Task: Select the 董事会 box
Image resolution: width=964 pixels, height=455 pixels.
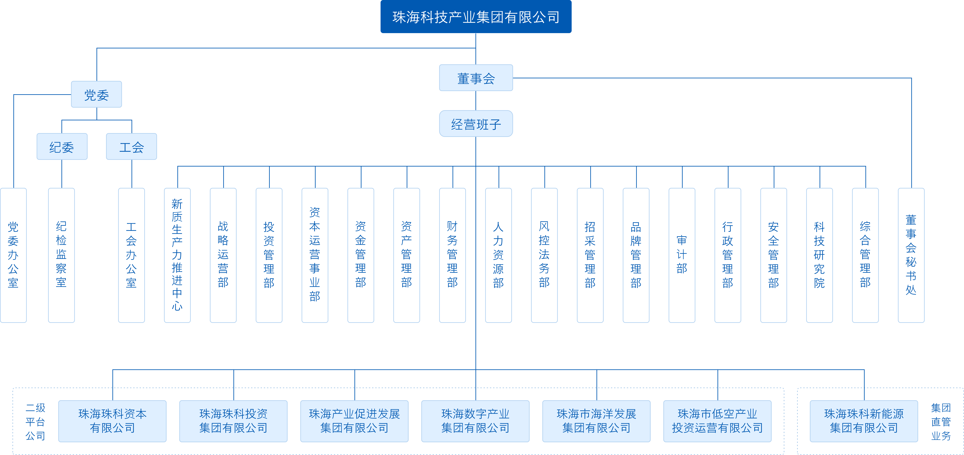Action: tap(476, 78)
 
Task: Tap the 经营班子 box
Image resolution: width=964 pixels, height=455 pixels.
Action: tap(476, 124)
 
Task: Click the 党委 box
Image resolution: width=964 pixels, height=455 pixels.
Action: tap(96, 94)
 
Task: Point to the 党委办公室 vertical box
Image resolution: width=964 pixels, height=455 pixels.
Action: tap(14, 255)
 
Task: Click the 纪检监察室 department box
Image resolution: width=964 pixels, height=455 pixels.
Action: tap(61, 255)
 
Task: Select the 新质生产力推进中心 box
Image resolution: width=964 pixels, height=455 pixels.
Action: tap(177, 255)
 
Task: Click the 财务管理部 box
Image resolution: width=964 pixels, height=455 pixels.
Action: tap(452, 255)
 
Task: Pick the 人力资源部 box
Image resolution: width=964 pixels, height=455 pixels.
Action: tap(498, 255)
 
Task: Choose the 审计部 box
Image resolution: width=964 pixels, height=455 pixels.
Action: tap(682, 255)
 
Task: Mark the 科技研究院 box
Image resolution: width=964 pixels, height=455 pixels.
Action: tap(820, 255)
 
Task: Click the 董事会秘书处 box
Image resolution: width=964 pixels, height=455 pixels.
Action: tap(911, 255)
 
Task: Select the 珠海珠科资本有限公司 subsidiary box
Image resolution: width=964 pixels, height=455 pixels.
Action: tap(112, 421)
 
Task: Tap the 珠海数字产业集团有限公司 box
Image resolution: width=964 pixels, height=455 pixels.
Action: tap(475, 421)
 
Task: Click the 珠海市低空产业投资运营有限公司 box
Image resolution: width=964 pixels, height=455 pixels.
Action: tap(717, 421)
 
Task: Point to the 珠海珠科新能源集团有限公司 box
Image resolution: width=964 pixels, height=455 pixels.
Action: tap(864, 421)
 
